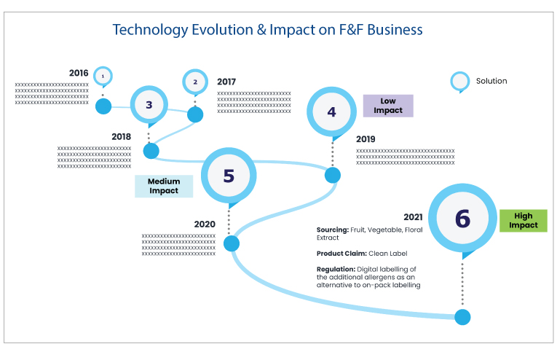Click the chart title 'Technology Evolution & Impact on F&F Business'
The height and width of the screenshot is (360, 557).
(x=267, y=29)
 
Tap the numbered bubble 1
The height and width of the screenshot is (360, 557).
(x=103, y=76)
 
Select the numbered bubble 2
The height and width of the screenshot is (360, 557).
(x=195, y=82)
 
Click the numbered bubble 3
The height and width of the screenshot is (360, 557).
(x=149, y=105)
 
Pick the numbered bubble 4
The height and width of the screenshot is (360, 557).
(x=331, y=112)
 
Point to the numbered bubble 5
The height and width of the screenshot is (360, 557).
(x=229, y=176)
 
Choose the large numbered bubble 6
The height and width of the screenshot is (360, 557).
(x=462, y=218)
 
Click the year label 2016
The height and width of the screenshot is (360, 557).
(x=79, y=73)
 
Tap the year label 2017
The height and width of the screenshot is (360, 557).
(x=226, y=82)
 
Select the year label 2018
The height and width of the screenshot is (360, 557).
(x=121, y=137)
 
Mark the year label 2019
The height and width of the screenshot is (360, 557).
(x=366, y=139)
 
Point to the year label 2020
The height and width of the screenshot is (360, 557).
(x=205, y=224)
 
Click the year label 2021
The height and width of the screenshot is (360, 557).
(x=413, y=217)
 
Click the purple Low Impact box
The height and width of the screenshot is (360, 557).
(x=388, y=106)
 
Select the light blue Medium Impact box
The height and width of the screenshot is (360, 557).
(x=164, y=187)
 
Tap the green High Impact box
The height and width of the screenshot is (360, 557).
(x=524, y=221)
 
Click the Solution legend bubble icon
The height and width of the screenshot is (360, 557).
(x=460, y=82)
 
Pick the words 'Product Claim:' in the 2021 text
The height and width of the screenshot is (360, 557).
(x=341, y=254)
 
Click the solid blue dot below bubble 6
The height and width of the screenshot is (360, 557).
(x=462, y=317)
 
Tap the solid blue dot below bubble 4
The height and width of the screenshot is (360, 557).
(x=333, y=175)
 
